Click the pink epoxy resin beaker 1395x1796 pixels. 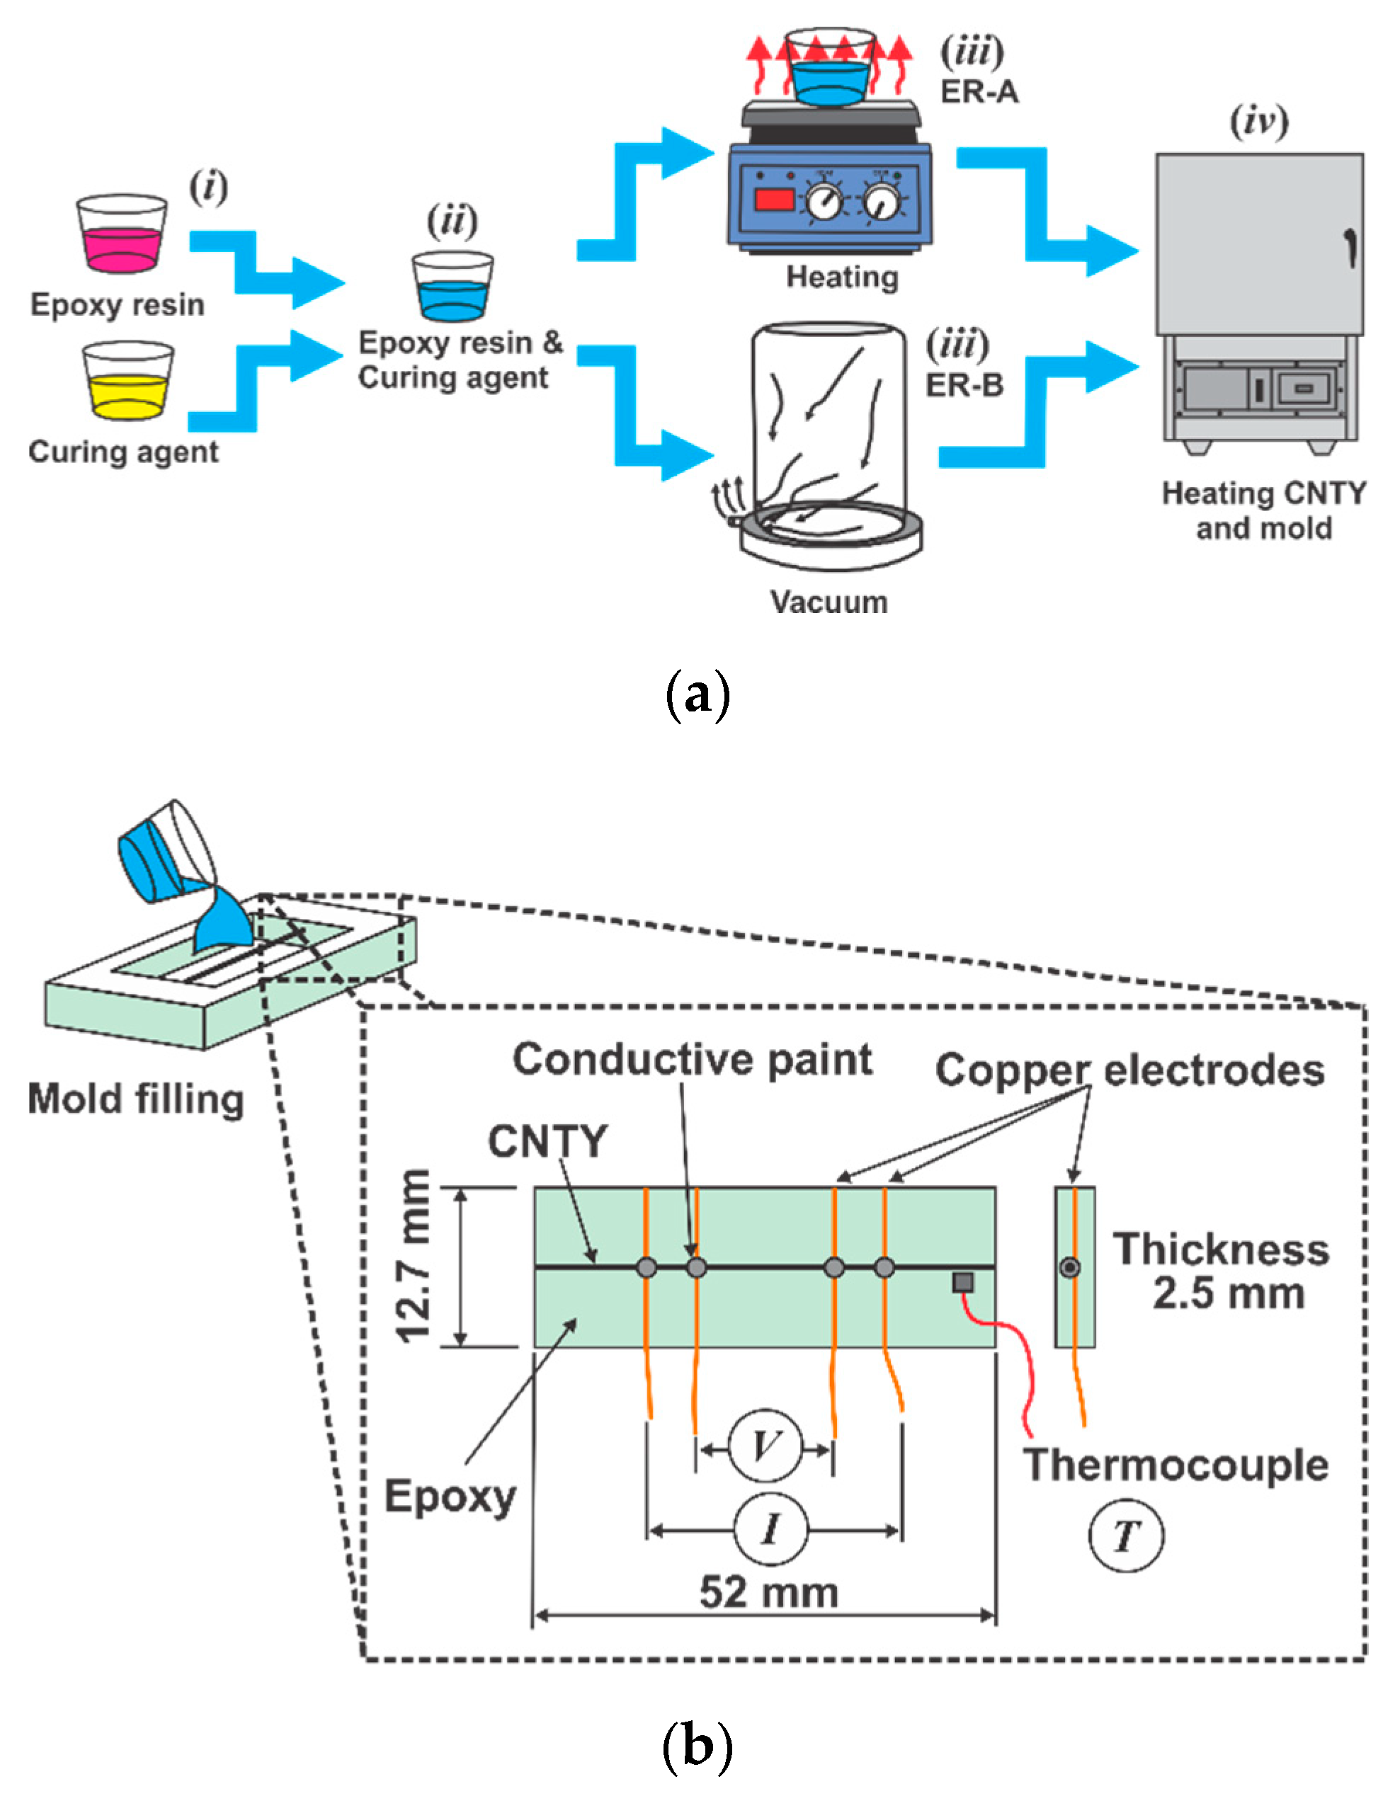[x=122, y=235]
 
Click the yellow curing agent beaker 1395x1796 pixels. [x=127, y=382]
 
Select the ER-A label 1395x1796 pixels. [x=979, y=92]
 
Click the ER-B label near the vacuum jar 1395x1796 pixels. [x=964, y=385]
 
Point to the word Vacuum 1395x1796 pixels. [x=829, y=602]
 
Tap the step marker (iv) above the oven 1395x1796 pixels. [x=1258, y=121]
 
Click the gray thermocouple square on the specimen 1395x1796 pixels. [x=962, y=1281]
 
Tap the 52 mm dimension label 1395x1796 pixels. [x=768, y=1592]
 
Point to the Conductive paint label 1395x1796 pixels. [x=693, y=1058]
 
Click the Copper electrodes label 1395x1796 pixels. [x=1129, y=1070]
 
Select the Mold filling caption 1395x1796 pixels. [x=136, y=1099]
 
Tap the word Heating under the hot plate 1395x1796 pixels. [x=841, y=277]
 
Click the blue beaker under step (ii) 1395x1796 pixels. [x=452, y=288]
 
